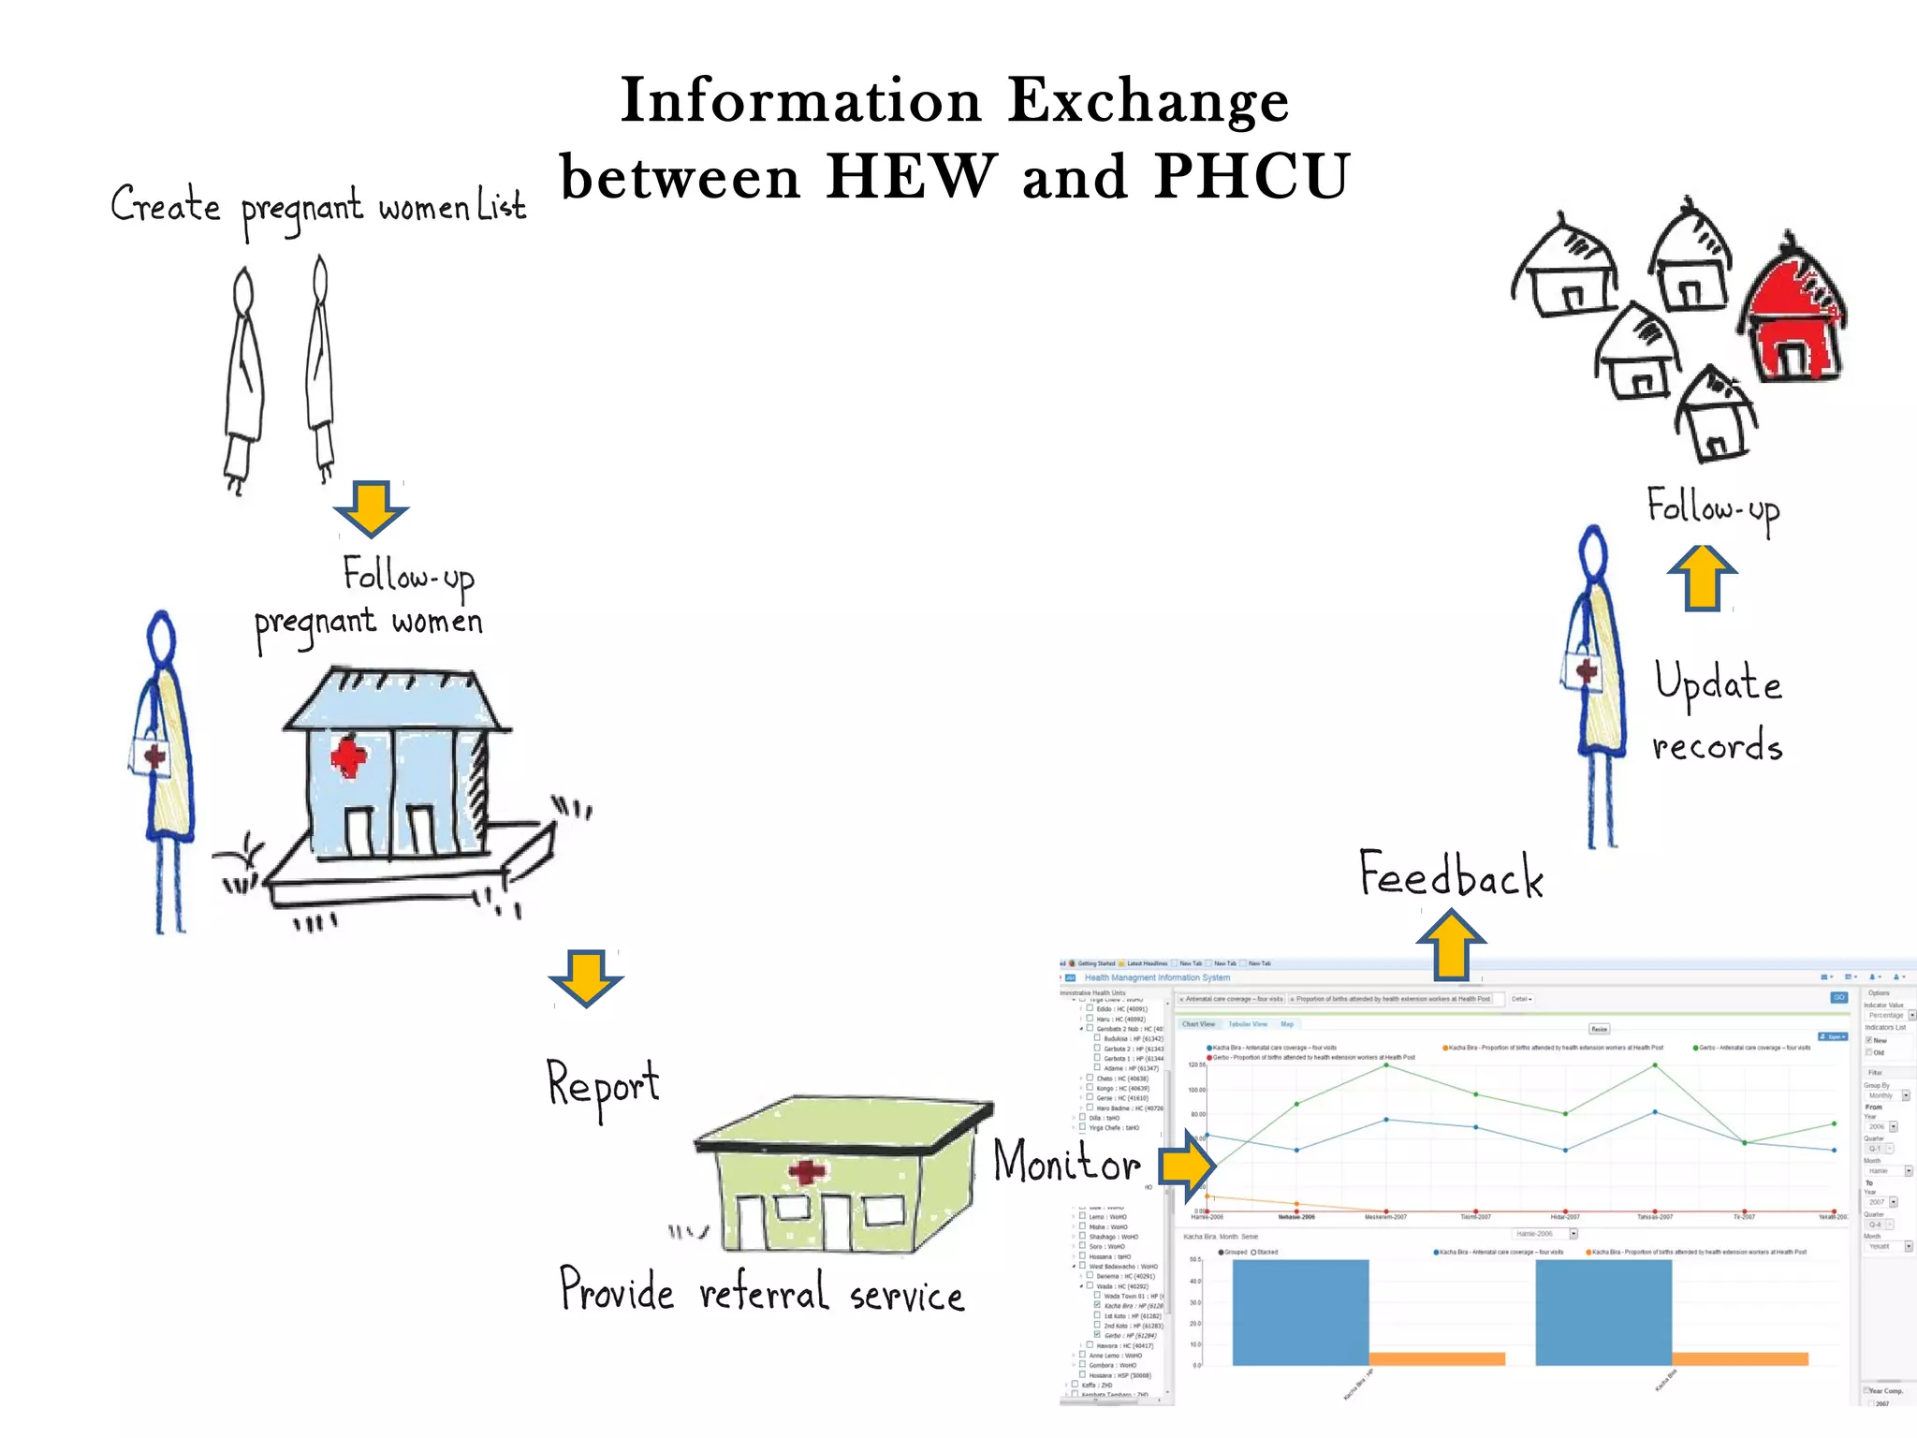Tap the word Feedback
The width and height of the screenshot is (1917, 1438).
(x=1450, y=875)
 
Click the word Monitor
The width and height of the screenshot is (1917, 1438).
(x=1066, y=1162)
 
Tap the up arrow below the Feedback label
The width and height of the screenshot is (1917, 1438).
(x=1451, y=946)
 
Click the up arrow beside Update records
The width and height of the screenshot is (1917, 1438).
(x=1702, y=578)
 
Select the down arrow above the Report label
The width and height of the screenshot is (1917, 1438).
(x=585, y=977)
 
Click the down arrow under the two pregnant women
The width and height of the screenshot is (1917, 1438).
(x=371, y=508)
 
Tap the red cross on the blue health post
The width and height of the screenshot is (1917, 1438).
(x=348, y=756)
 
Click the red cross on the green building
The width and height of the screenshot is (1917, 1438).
(x=807, y=1171)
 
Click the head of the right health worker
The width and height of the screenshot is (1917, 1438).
(x=1593, y=552)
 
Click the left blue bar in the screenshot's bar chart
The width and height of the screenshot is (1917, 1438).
(x=1300, y=1312)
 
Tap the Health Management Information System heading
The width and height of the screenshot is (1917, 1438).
(x=1157, y=977)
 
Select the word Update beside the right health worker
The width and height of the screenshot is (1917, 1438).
(x=1718, y=682)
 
